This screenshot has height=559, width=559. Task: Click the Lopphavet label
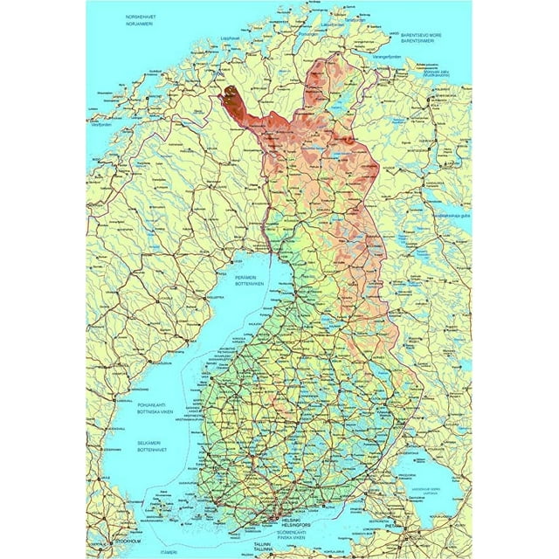231,62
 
